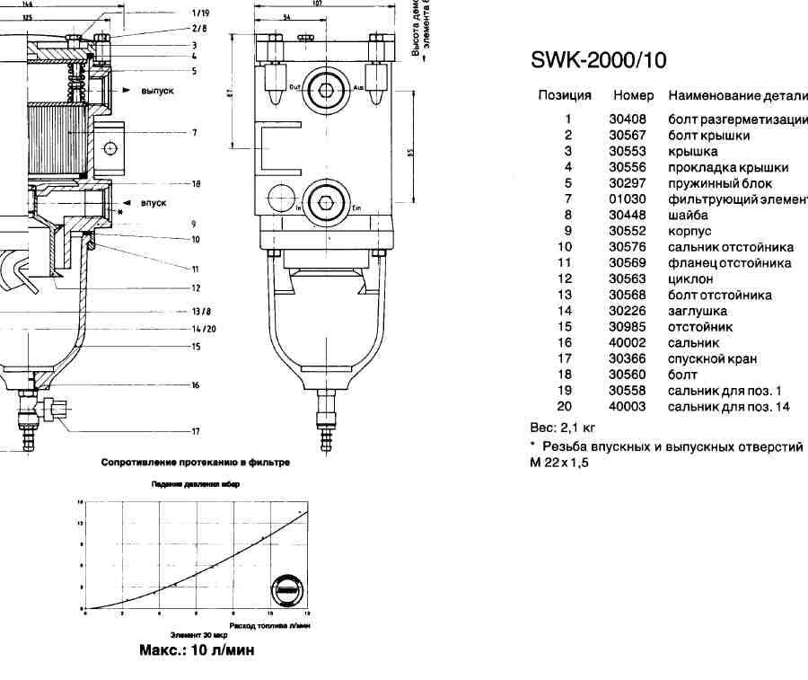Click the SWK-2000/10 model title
pyautogui.click(x=598, y=60)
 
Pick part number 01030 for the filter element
pyautogui.click(x=628, y=199)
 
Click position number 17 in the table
pyautogui.click(x=565, y=358)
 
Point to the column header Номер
pyautogui.click(x=633, y=95)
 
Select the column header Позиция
pyautogui.click(x=565, y=95)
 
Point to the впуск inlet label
pyautogui.click(x=154, y=203)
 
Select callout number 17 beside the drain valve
pyautogui.click(x=194, y=431)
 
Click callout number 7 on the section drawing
pyautogui.click(x=194, y=133)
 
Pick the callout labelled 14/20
pyautogui.click(x=203, y=329)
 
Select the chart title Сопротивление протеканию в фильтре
pyautogui.click(x=195, y=464)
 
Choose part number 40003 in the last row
pyautogui.click(x=628, y=406)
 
